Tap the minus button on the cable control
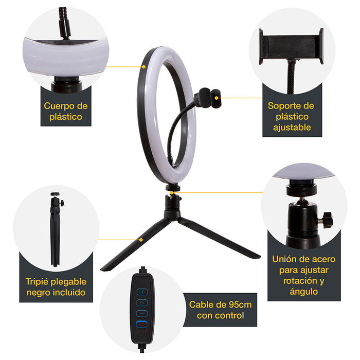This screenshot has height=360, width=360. [x=142, y=313]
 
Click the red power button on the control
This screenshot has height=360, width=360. [x=142, y=325]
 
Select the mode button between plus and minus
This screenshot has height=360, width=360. [x=142, y=302]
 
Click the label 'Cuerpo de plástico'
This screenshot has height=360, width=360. [x=66, y=111]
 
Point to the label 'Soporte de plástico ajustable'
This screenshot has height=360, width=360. [x=291, y=117]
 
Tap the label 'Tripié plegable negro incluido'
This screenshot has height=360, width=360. [x=56, y=287]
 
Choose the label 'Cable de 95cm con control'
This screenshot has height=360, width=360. [x=220, y=310]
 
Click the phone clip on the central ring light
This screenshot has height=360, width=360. [x=208, y=96]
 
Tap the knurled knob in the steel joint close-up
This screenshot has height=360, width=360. [x=325, y=221]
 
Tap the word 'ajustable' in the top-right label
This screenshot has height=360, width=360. [x=291, y=128]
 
